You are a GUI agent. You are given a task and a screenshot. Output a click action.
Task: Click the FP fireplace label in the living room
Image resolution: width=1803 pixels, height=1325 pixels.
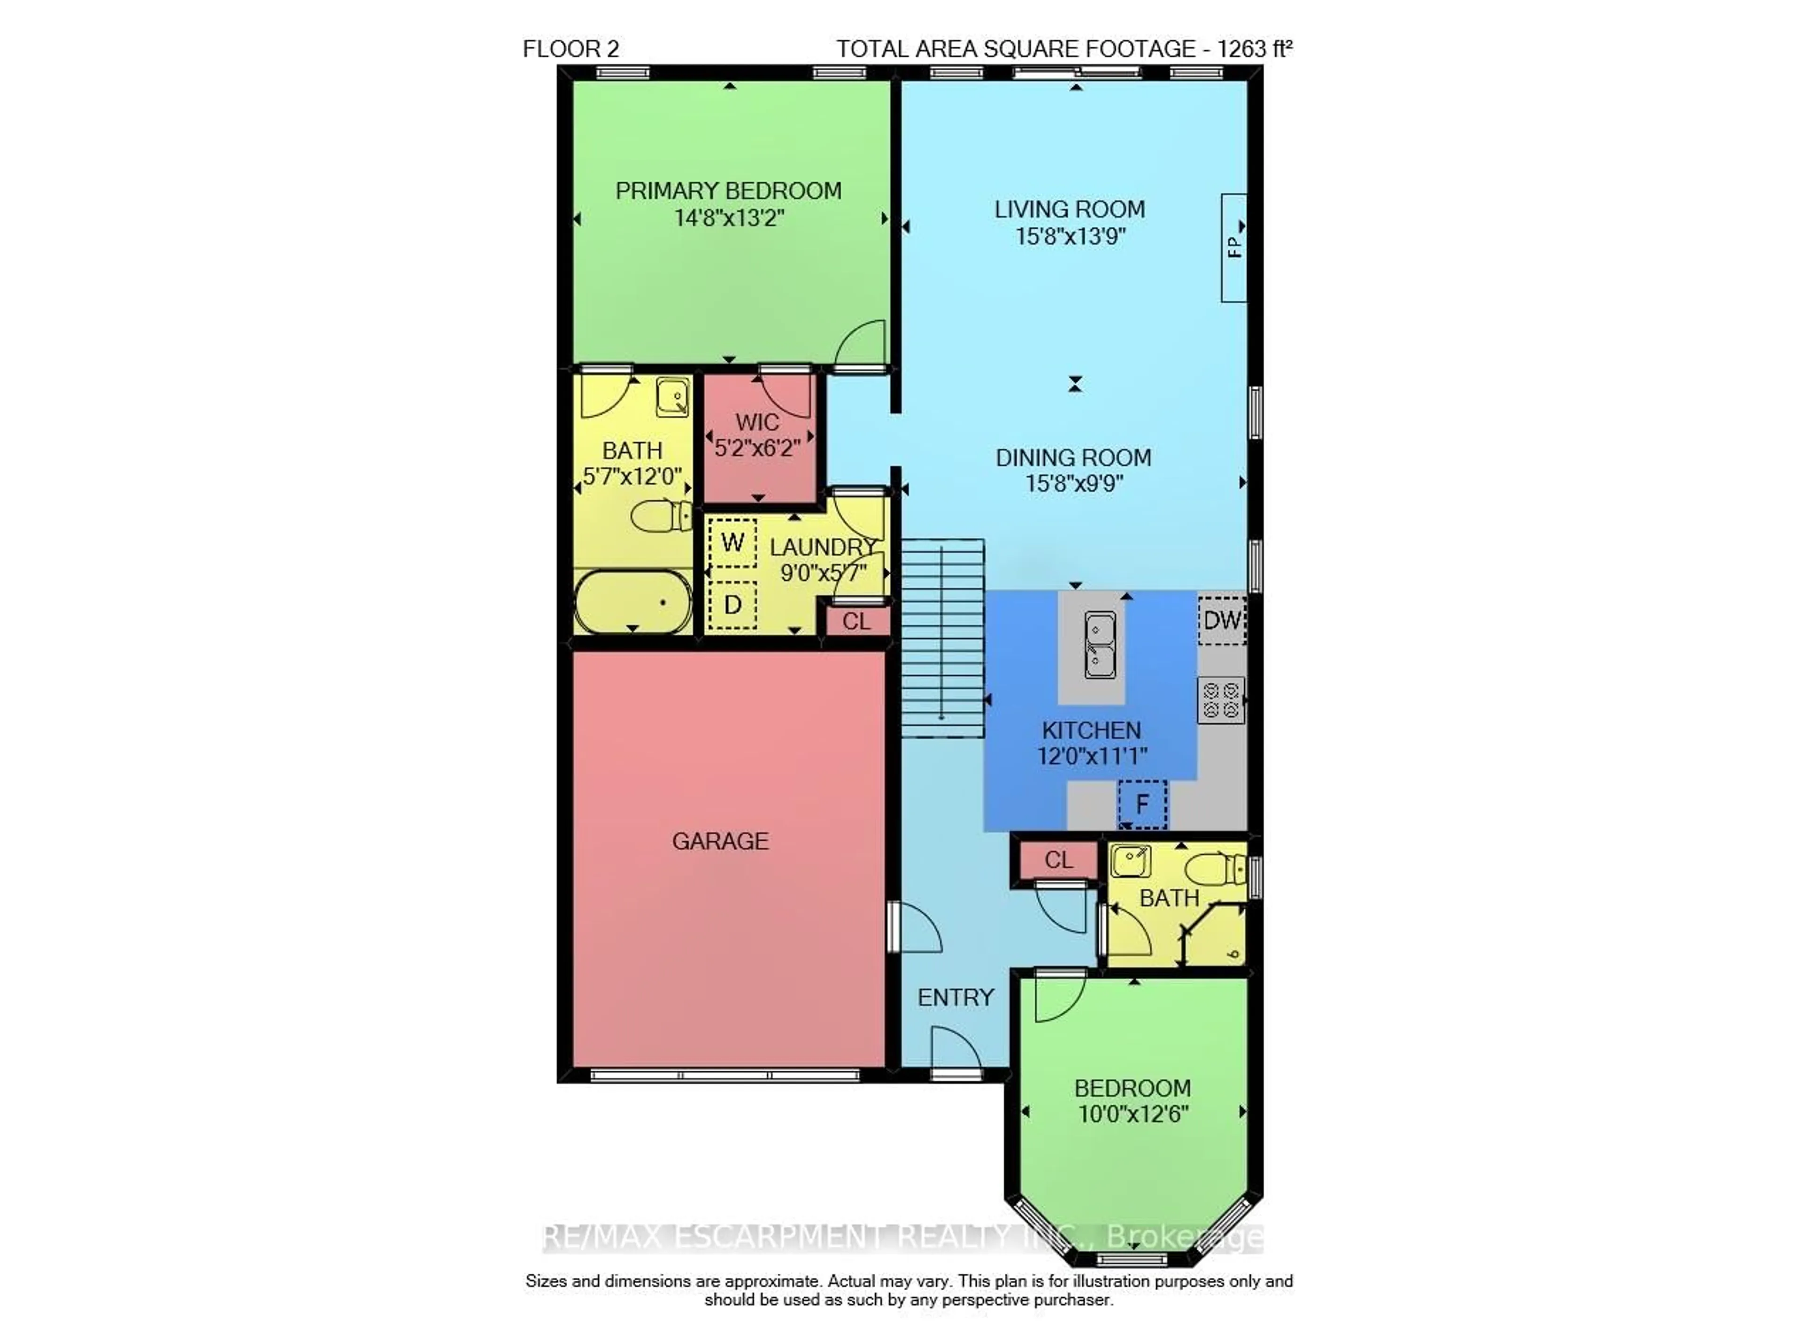pos(1234,246)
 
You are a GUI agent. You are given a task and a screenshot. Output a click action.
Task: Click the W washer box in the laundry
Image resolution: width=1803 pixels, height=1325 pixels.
pos(732,543)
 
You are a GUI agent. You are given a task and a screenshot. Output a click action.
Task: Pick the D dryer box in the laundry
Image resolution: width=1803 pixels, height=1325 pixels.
pos(732,605)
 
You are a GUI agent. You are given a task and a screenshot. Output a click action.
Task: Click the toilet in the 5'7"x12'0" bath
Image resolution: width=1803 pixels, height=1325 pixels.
pos(662,516)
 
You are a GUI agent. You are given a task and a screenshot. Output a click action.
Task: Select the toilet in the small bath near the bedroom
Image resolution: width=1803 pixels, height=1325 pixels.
pos(1215,868)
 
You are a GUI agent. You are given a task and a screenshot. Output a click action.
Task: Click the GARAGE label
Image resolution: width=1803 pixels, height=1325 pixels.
pos(720,841)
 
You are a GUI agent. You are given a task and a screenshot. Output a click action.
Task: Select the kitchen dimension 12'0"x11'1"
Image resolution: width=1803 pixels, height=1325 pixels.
pos(1092,756)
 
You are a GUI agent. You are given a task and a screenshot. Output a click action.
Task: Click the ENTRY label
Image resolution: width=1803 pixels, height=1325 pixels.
pos(955,998)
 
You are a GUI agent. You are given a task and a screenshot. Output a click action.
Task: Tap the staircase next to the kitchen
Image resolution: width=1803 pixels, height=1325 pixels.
pos(942,638)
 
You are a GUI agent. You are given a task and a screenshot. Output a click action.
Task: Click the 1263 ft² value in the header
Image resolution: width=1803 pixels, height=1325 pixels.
pos(1254,49)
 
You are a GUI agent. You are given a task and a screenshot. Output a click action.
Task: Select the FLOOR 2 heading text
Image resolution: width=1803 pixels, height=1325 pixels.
pos(571,49)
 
